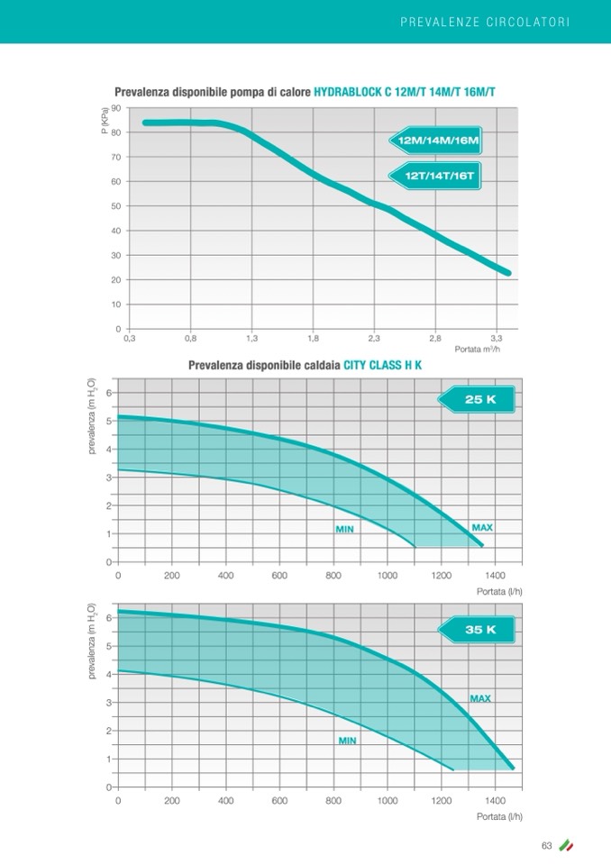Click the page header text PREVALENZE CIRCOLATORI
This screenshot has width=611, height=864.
(x=484, y=21)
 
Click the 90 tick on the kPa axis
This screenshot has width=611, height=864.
(x=116, y=109)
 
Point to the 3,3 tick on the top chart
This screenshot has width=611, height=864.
(x=497, y=339)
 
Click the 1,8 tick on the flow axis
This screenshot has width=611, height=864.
(x=313, y=339)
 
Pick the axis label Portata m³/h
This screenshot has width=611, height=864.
(x=477, y=350)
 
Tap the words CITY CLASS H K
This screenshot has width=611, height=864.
(x=383, y=366)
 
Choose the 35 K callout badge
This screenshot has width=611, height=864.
(x=480, y=630)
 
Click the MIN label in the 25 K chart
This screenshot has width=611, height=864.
(x=344, y=530)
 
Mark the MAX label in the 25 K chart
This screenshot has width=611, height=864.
(x=481, y=527)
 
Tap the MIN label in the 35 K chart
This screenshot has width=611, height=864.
(x=347, y=741)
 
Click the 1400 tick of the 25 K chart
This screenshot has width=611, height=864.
(x=494, y=574)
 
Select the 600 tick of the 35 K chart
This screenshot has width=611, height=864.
(x=279, y=799)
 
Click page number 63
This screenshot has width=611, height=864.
(x=546, y=845)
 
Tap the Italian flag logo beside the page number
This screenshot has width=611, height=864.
(x=566, y=845)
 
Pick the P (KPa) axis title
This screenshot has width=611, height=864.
(x=105, y=121)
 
